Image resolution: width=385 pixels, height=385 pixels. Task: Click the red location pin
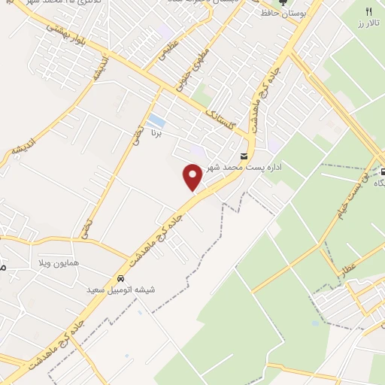192,176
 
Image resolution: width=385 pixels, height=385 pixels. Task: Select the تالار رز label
368,23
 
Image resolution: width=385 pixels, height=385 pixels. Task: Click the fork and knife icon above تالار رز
368,11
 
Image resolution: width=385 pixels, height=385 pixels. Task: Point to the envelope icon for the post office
244,156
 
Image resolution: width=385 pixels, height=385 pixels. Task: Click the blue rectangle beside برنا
156,120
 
